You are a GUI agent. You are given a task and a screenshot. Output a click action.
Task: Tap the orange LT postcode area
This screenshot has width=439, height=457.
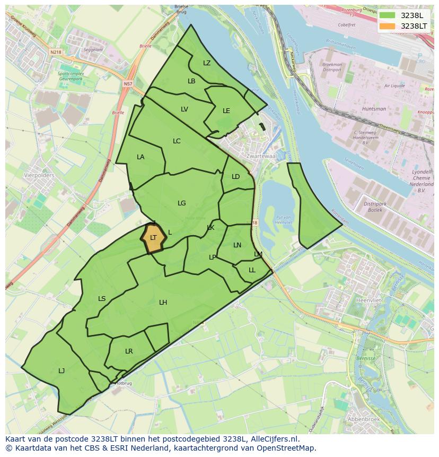(x=153, y=238)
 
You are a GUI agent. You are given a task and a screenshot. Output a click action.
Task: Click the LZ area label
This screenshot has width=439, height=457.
(x=207, y=63)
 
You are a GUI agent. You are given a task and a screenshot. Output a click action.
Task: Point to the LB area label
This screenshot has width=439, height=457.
(x=191, y=81)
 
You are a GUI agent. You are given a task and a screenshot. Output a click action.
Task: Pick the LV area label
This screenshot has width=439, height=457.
(x=185, y=109)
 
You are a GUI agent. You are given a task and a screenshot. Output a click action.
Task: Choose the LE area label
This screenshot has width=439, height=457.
(x=226, y=111)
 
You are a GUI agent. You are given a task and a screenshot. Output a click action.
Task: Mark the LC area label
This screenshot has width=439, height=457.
(x=177, y=141)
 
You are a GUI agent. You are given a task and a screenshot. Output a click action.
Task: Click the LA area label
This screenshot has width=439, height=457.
(x=141, y=157)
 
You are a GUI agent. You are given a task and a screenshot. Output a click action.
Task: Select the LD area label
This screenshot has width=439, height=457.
(x=236, y=177)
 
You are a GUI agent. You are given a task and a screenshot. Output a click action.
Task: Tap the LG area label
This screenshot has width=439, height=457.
(x=182, y=203)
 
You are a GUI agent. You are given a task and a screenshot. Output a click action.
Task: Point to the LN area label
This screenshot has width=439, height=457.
(x=237, y=245)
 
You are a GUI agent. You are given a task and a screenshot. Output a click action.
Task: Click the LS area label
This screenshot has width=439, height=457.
(x=102, y=299)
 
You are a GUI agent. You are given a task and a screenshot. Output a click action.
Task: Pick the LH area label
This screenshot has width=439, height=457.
(x=163, y=303)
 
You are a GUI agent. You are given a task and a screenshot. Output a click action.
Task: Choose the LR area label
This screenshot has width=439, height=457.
(x=129, y=351)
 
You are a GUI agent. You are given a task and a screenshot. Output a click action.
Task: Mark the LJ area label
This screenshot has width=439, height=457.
(x=62, y=371)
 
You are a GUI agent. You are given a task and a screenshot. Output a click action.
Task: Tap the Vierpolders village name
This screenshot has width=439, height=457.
(x=39, y=175)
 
